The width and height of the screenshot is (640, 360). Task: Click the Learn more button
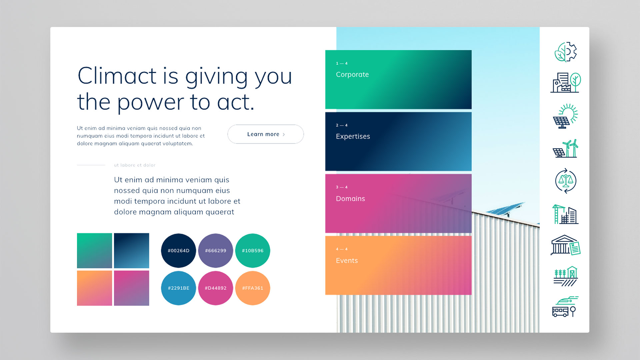[266, 134]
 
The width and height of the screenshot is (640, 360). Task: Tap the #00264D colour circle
[178, 251]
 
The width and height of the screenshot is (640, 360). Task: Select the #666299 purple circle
[216, 251]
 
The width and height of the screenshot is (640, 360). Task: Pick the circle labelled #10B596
[253, 251]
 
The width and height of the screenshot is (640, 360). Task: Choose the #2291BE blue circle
[178, 288]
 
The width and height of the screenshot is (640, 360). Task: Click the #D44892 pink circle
[216, 288]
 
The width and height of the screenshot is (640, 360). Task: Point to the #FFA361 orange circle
[253, 288]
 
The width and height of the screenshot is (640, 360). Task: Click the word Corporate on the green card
[352, 75]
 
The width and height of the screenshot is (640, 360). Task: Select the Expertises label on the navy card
[353, 137]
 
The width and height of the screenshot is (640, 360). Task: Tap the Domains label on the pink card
[350, 199]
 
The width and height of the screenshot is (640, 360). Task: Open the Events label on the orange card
[347, 261]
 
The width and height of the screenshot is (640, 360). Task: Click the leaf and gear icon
[566, 52]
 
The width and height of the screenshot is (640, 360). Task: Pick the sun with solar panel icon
[565, 116]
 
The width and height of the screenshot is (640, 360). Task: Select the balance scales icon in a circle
[566, 181]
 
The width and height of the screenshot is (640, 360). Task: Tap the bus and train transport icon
[565, 307]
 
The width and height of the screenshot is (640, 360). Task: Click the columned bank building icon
[565, 245]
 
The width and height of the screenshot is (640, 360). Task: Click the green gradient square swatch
[94, 251]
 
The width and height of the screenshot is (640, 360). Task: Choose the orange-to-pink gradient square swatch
[94, 288]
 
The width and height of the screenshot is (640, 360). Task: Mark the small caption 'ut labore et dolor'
[135, 165]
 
